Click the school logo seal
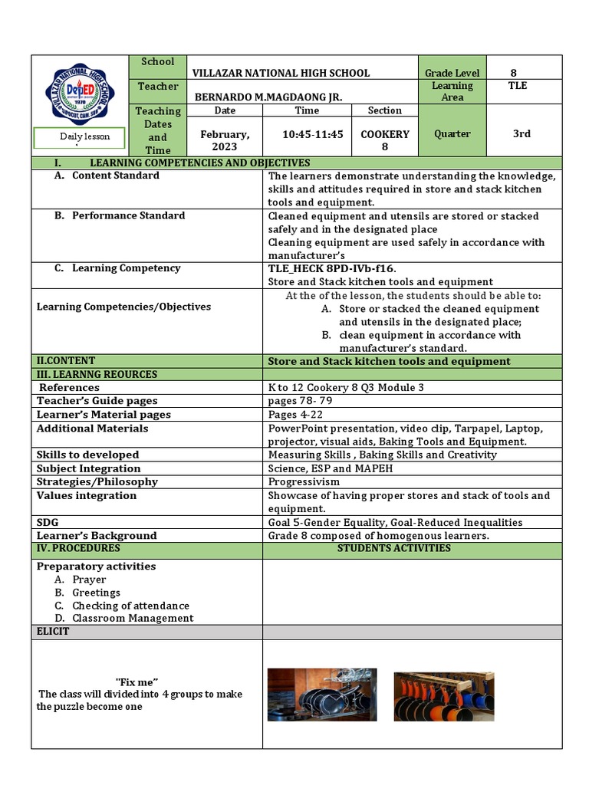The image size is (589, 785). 81,94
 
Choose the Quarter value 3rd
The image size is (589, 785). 522,133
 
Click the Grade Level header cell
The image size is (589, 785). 452,73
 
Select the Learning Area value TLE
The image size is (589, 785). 518,86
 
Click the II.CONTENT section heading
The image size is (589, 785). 66,361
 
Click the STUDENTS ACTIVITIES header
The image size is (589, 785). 394,549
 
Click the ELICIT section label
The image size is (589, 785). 53,632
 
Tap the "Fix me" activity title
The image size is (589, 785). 137,682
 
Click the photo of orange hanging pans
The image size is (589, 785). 443,697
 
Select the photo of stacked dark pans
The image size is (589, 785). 321,695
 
